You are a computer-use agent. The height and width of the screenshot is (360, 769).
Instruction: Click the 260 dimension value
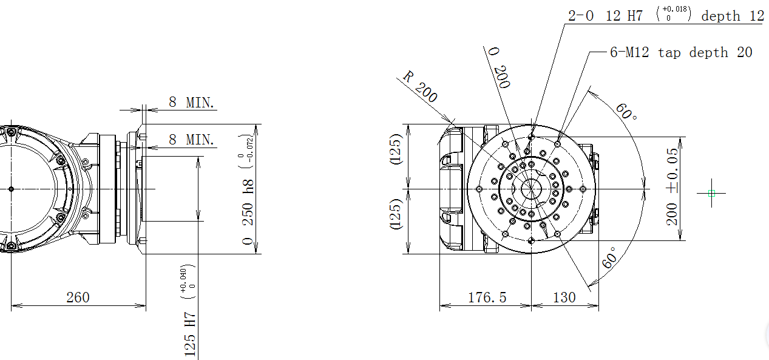(x=78, y=297)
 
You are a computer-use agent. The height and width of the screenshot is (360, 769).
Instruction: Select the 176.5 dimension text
(x=487, y=297)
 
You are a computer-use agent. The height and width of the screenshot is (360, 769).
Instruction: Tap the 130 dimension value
(x=564, y=297)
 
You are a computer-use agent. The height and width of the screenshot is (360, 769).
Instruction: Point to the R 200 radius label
(x=419, y=87)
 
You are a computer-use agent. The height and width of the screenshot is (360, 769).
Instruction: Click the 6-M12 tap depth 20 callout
(x=680, y=53)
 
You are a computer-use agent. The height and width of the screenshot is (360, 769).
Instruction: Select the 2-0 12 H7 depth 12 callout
(x=665, y=16)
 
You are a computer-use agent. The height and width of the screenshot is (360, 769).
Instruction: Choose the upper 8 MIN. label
(x=192, y=102)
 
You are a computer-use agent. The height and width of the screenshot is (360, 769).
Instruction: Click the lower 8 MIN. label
(x=192, y=140)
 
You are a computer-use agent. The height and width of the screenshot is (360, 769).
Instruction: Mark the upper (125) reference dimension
(x=396, y=149)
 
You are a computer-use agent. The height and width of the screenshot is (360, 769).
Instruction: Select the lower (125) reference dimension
(x=396, y=214)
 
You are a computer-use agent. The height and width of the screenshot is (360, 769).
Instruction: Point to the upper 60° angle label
(x=626, y=111)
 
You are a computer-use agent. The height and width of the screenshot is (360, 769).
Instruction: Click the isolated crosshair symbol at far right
(x=712, y=193)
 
